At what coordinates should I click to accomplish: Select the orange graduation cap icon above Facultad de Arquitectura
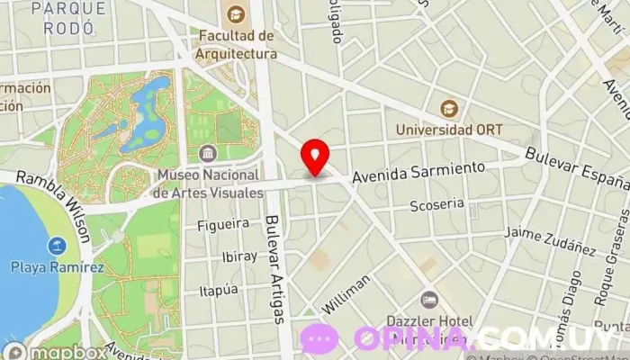pyautogui.click(x=236, y=13)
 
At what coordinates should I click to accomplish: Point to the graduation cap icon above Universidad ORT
pyautogui.click(x=448, y=108)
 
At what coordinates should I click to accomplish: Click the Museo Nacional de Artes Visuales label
pyautogui.click(x=209, y=183)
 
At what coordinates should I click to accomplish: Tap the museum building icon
pyautogui.click(x=209, y=153)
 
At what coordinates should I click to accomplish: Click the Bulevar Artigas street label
pyautogui.click(x=277, y=270)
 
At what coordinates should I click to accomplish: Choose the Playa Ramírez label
pyautogui.click(x=57, y=267)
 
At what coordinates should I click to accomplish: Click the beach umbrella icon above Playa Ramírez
pyautogui.click(x=57, y=246)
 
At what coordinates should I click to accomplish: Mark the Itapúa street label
pyautogui.click(x=219, y=290)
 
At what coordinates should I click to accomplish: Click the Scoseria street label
pyautogui.click(x=436, y=204)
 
